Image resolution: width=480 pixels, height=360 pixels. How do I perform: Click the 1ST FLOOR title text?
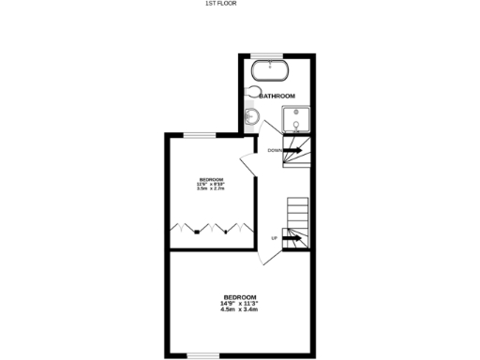pos(221,4)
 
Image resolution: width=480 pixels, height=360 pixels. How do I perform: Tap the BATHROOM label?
pos(277,96)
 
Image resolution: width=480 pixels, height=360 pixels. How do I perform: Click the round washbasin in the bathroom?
pos(250,117)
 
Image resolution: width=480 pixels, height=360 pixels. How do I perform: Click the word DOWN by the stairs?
pos(275,150)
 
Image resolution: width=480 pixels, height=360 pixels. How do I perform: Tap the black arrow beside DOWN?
pos(292,150)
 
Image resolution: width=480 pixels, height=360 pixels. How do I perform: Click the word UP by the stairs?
pos(274,238)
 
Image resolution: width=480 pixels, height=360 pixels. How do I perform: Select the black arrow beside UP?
pos(291,238)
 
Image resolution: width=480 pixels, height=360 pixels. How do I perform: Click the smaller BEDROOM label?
pos(212,179)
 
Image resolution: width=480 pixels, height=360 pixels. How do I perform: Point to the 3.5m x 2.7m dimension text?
pos(212,189)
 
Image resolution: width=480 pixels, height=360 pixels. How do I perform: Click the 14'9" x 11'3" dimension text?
pos(239,304)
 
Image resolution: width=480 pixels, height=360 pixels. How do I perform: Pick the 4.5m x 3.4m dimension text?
pos(239,310)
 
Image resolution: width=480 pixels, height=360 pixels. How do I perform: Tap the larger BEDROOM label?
pos(239,297)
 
